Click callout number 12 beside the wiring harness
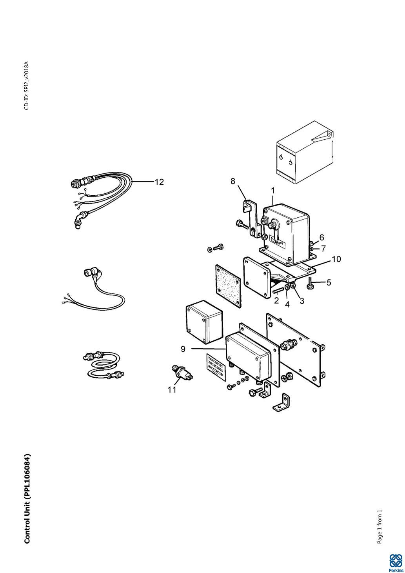[x=159, y=182]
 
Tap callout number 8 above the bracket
[x=232, y=181]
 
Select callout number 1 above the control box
[x=273, y=191]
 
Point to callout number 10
[x=336, y=259]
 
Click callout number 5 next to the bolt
[x=329, y=282]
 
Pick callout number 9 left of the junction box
[x=321, y=237]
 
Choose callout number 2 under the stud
[x=276, y=300]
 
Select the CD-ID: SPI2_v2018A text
[x=27, y=85]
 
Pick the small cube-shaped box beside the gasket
[x=204, y=322]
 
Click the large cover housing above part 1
[x=305, y=152]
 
